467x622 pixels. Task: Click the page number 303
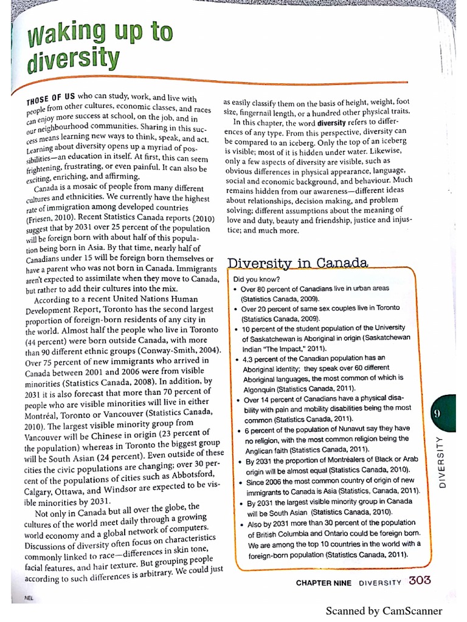pos(420,580)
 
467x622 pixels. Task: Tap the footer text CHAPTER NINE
pos(324,582)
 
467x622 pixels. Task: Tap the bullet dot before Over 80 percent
pos(235,290)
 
